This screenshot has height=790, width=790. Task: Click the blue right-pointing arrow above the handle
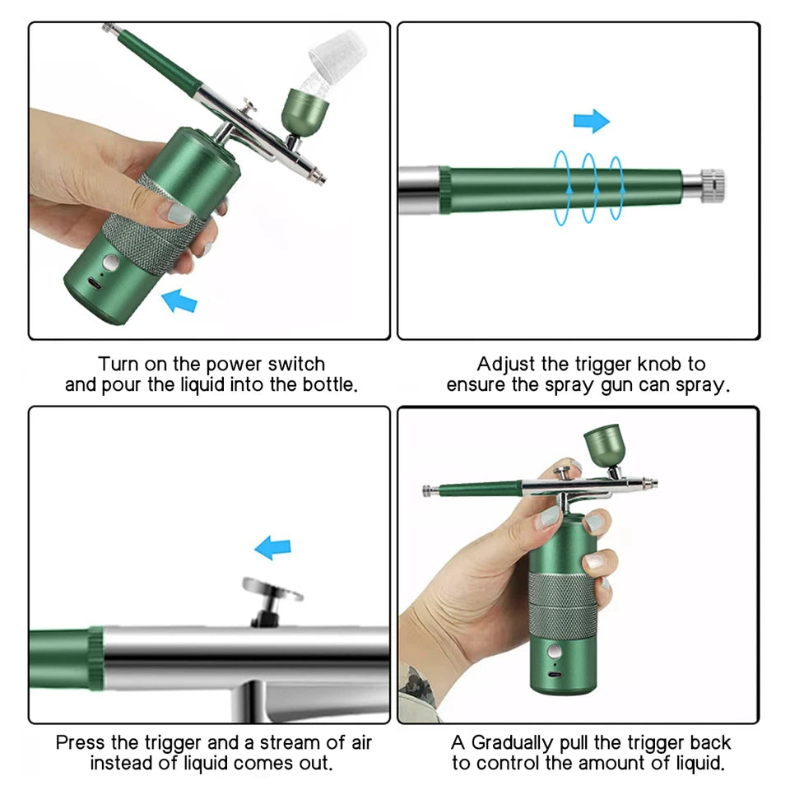(591, 122)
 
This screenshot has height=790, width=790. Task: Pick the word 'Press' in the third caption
(81, 743)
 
